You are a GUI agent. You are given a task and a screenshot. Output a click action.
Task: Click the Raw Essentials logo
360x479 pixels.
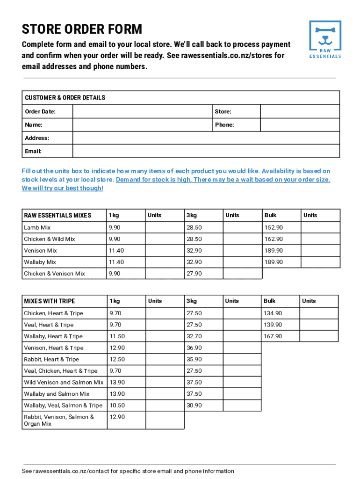pos(325,39)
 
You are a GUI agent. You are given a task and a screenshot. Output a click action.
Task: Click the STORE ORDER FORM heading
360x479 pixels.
pos(82,29)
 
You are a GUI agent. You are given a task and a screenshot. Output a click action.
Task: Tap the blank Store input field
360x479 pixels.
pos(299,111)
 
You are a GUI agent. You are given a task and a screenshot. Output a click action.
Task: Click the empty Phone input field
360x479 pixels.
pos(299,125)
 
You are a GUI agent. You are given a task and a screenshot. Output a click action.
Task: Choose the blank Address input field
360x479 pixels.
pos(206,138)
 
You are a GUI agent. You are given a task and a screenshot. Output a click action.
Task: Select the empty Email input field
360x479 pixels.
pos(206,151)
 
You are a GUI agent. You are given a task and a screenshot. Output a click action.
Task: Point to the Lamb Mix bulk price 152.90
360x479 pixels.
pos(274,227)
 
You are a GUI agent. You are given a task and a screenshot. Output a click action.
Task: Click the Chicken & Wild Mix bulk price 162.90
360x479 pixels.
pos(274,239)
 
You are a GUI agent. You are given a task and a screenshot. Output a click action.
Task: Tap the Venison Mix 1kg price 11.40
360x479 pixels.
pos(116,251)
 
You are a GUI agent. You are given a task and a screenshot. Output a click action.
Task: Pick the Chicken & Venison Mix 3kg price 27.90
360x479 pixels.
pos(194,274)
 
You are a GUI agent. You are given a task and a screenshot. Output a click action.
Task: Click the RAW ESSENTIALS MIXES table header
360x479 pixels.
pos(58,215)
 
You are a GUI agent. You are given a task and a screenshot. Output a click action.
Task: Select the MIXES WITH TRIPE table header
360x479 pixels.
pos(50,301)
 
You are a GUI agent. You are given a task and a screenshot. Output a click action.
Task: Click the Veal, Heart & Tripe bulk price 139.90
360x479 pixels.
pos(273,325)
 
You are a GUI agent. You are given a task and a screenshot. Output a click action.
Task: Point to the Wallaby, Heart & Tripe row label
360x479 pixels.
pos(53,336)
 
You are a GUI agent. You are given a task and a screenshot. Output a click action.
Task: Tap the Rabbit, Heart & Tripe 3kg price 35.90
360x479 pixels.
pos(194,359)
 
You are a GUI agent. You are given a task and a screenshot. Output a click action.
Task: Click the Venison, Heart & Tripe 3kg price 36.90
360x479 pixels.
pos(194,348)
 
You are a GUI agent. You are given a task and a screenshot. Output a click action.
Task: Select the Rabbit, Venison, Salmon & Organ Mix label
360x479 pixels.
pos(59,420)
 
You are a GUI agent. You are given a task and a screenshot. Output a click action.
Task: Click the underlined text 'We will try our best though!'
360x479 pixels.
pos(62,188)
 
